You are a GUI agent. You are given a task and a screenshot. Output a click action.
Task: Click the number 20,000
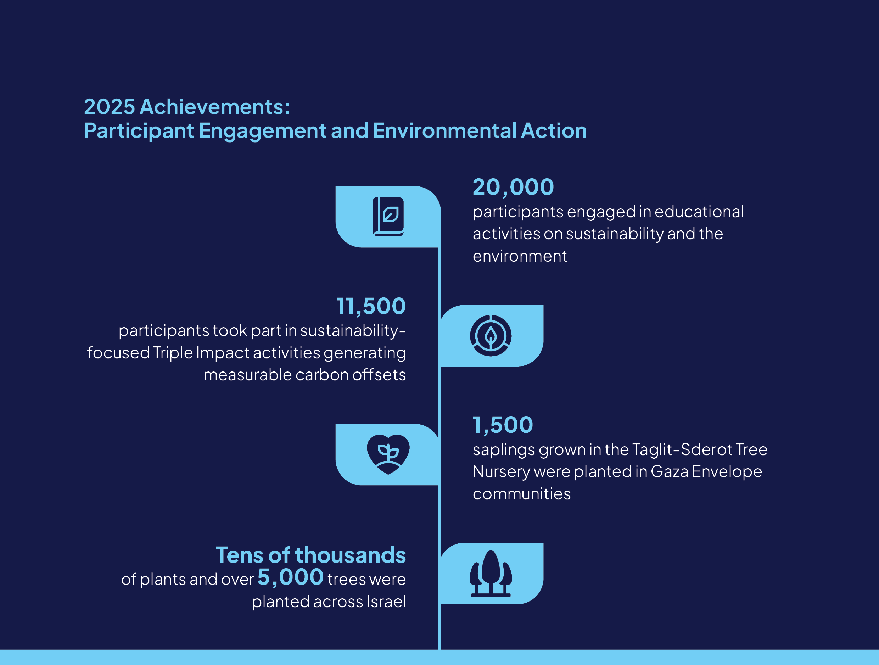click(x=513, y=187)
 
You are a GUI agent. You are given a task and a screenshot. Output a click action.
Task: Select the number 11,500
click(x=371, y=307)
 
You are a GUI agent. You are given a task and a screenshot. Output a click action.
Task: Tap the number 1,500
click(x=503, y=425)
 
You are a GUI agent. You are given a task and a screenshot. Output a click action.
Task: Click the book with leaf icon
click(x=388, y=217)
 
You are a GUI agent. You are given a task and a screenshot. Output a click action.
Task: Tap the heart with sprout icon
click(x=388, y=454)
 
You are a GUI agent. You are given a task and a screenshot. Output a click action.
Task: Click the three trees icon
click(x=491, y=573)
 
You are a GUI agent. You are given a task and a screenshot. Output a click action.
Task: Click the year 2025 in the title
click(x=109, y=107)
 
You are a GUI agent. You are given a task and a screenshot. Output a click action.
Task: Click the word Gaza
click(x=669, y=472)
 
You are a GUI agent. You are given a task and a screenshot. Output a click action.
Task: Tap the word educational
click(x=699, y=212)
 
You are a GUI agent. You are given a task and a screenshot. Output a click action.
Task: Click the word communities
click(x=521, y=494)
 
